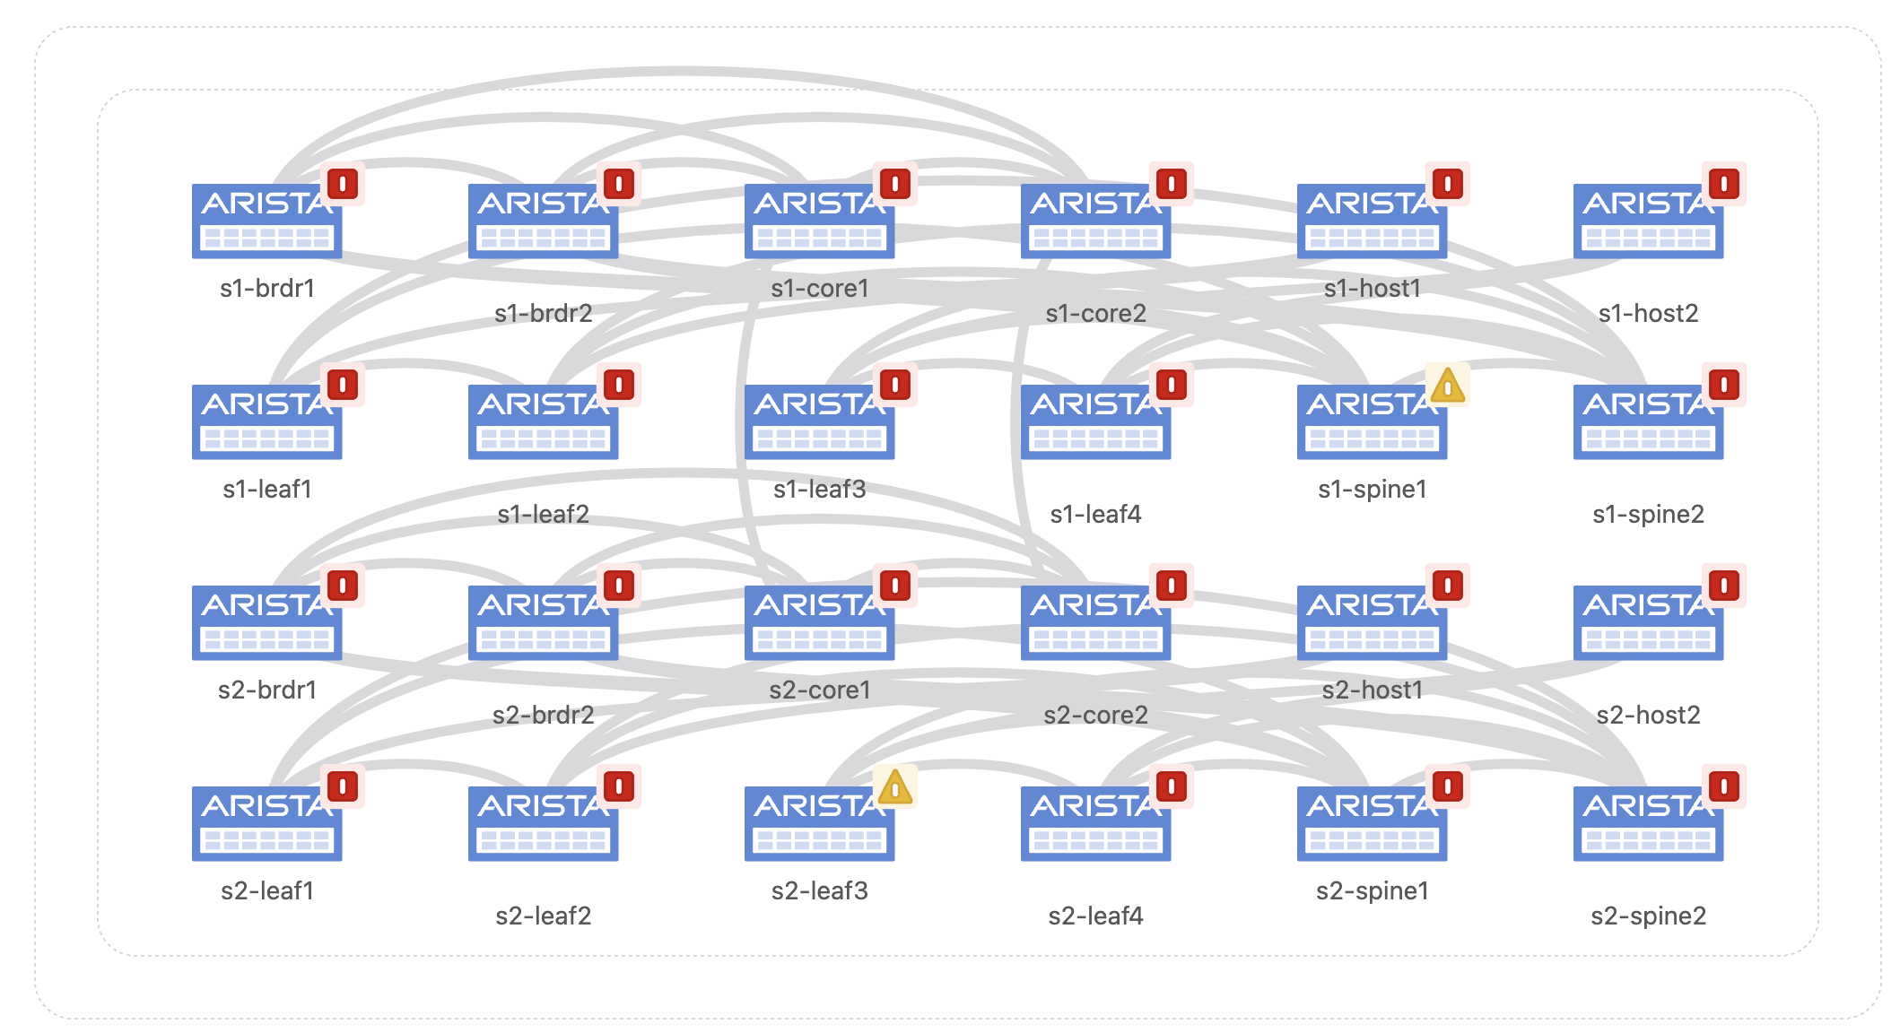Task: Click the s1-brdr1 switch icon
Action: click(266, 221)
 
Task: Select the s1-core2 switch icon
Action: click(1095, 221)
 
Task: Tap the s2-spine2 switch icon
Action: click(1648, 823)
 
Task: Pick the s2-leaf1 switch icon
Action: click(266, 823)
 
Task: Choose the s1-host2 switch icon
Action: click(1648, 221)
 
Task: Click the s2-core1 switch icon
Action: click(819, 622)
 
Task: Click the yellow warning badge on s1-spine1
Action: click(1447, 386)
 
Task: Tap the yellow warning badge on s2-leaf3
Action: click(894, 787)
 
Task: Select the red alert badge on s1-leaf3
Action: click(895, 386)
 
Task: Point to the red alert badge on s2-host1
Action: click(1448, 586)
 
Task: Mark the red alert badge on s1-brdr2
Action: click(619, 185)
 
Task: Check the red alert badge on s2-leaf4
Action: click(1172, 787)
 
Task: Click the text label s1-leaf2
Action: click(543, 514)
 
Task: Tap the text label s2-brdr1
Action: click(266, 690)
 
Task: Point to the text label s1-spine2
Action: click(1648, 514)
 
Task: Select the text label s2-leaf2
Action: click(543, 916)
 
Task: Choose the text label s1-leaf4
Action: click(1095, 514)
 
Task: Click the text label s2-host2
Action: click(1648, 715)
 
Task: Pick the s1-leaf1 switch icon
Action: click(266, 421)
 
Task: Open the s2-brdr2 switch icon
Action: click(543, 622)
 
